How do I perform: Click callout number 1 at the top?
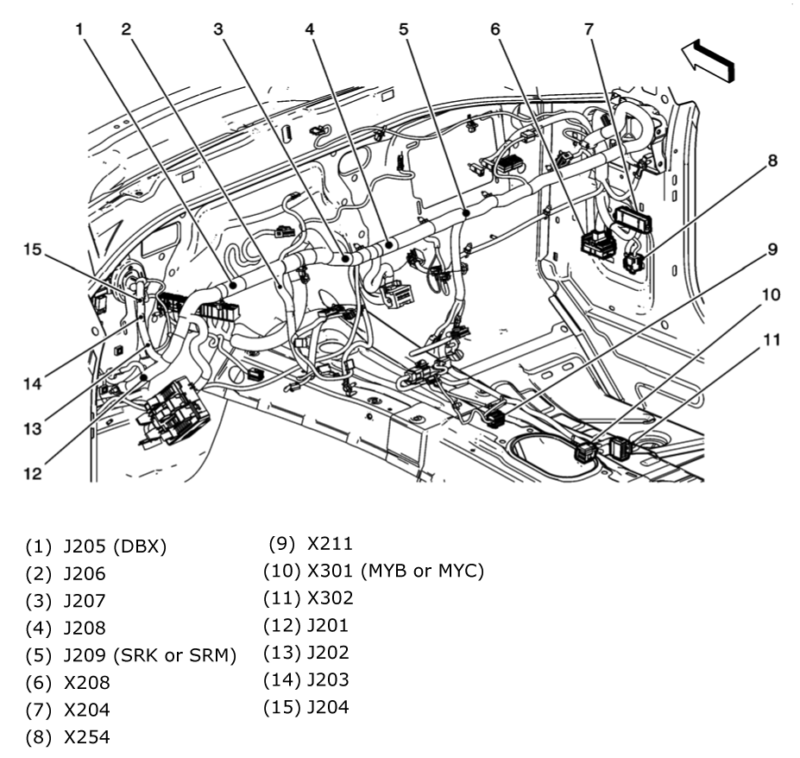click(x=79, y=28)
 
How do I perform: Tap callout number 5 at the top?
click(x=403, y=28)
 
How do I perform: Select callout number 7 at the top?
click(x=589, y=28)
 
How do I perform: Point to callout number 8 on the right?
click(x=772, y=160)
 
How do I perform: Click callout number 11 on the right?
click(x=772, y=340)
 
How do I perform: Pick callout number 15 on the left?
click(x=32, y=250)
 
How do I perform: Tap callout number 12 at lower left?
click(x=32, y=473)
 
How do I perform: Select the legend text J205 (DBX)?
click(x=114, y=546)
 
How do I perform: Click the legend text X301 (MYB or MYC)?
click(x=395, y=571)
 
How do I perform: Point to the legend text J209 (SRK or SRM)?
click(x=149, y=655)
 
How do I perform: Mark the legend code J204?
click(x=327, y=708)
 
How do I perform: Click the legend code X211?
click(x=329, y=544)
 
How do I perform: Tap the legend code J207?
click(x=85, y=600)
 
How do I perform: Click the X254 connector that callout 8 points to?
click(x=635, y=262)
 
